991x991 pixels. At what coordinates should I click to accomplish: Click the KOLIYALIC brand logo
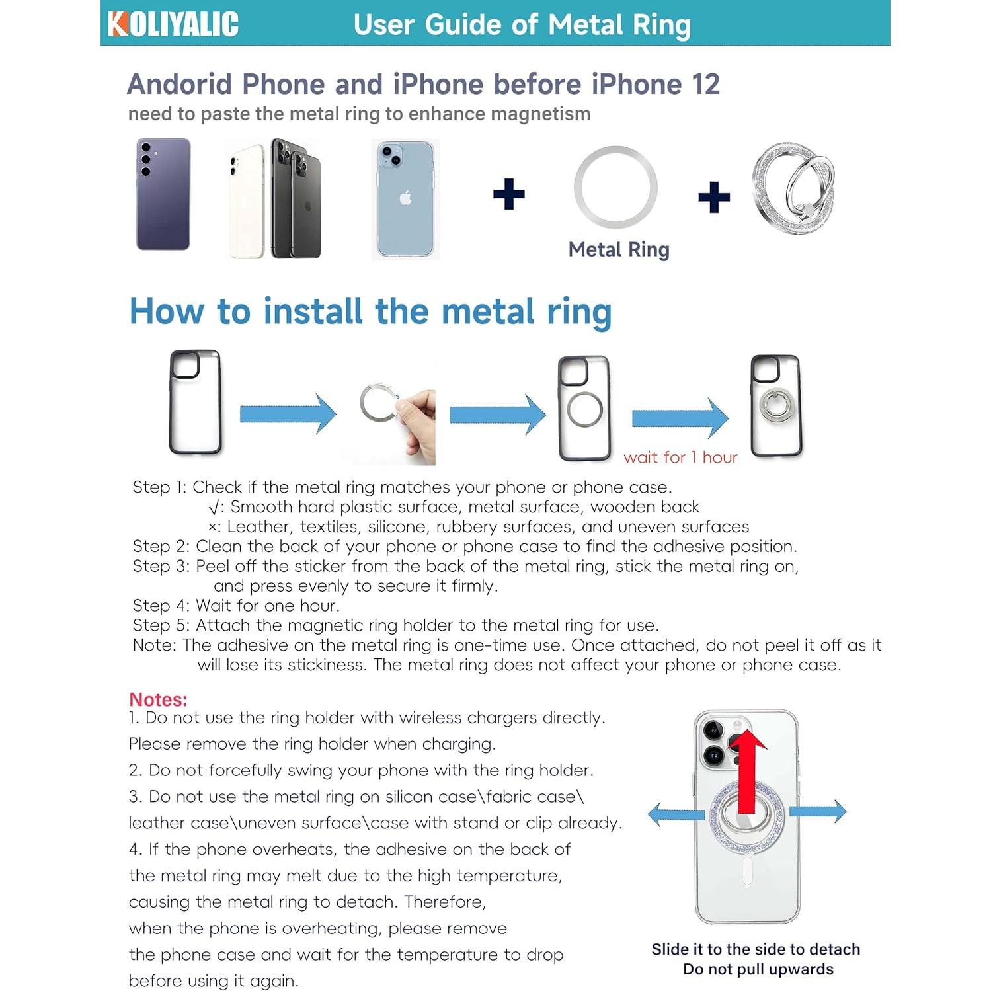[x=173, y=24]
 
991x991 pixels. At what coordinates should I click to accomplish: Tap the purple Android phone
[x=163, y=194]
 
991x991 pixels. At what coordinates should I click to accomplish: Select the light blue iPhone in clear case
[x=405, y=199]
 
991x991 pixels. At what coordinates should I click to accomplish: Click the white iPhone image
[x=247, y=202]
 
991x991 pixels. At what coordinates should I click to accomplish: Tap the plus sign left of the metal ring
[x=509, y=194]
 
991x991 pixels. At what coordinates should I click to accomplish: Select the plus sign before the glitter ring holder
[x=714, y=197]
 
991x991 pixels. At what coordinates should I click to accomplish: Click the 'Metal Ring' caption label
[x=619, y=250]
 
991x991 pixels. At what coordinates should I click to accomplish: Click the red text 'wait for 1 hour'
[x=680, y=457]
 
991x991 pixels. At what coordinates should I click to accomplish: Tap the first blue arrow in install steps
[x=288, y=414]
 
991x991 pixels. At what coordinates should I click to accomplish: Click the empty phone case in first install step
[x=195, y=402]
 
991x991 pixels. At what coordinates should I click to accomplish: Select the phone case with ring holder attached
[x=776, y=405]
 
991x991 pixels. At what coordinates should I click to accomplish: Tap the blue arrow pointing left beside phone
[x=676, y=813]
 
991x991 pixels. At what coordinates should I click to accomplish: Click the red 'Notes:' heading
[x=158, y=699]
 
